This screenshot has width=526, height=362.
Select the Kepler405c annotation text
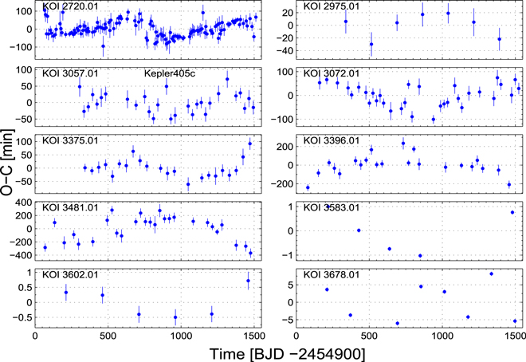click(170, 73)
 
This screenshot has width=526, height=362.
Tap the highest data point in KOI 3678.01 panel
click(491, 273)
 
